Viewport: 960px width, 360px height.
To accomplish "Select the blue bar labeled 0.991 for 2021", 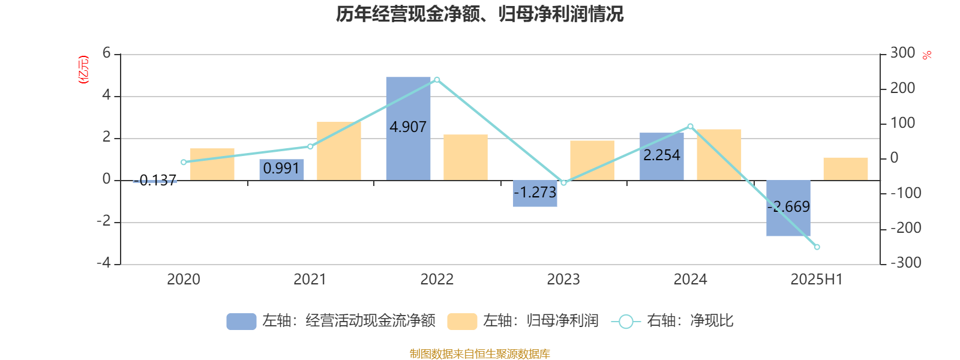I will tap(281, 169).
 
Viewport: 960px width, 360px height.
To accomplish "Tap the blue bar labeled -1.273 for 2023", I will tap(535, 193).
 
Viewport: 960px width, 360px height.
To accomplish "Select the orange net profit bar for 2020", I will tap(212, 164).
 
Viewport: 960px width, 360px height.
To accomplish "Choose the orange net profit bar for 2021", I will tap(339, 151).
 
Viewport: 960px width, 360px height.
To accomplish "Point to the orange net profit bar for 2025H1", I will tap(845, 169).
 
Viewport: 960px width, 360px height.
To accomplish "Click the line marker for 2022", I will tap(437, 80).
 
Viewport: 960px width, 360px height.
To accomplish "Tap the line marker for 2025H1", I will tap(817, 247).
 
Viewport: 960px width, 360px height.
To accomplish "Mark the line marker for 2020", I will tap(184, 162).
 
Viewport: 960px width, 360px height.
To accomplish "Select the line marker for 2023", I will tap(563, 182).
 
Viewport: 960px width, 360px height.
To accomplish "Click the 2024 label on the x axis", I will tap(690, 279).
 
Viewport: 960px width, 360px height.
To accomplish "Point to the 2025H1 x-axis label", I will tap(817, 279).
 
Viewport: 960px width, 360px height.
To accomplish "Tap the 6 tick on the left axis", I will tap(107, 53).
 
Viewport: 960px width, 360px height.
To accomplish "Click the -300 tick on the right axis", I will tap(906, 263).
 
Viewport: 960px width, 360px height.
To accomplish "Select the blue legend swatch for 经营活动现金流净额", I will tap(241, 322).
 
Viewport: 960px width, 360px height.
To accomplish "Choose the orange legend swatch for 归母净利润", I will tap(462, 322).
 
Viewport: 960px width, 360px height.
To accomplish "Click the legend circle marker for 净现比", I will tap(625, 322).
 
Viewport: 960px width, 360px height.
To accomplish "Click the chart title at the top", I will tap(480, 14).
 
